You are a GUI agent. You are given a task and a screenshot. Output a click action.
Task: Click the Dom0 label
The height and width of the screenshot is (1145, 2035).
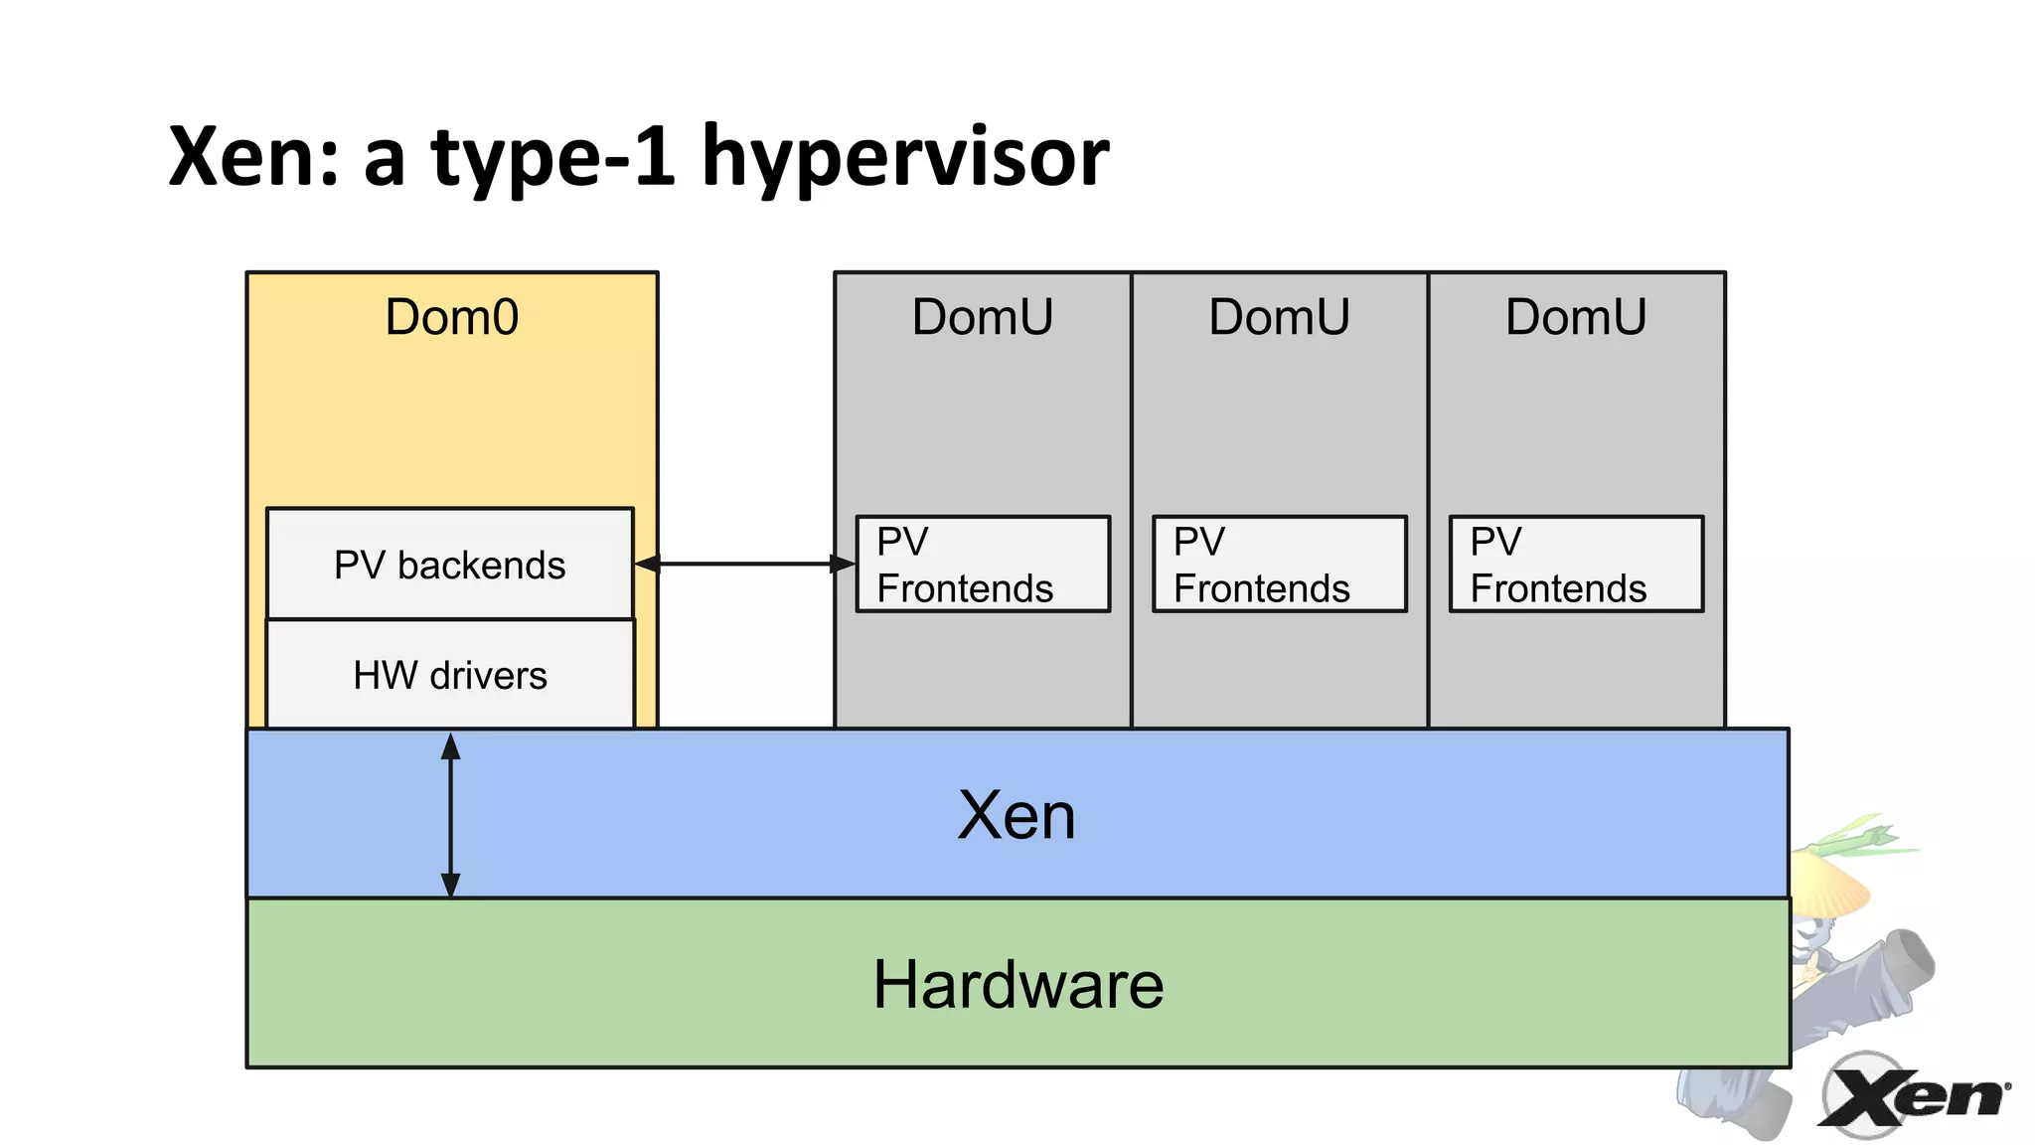pos(451,317)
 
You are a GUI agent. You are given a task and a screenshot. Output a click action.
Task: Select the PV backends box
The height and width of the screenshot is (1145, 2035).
pos(449,565)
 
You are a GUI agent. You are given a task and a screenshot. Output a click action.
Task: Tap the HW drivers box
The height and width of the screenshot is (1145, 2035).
pos(449,676)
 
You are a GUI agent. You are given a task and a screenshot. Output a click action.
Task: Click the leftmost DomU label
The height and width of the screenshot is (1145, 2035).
pos(982,317)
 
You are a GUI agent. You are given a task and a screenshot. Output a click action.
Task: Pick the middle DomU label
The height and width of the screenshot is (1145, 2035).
pos(1279,317)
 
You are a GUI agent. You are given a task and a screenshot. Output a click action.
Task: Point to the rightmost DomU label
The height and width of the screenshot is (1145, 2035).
pos(1576,317)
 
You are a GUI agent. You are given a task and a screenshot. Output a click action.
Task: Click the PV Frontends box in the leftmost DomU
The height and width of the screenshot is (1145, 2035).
pos(982,565)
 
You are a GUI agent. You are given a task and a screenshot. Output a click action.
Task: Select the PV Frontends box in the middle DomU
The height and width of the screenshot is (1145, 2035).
pos(1279,565)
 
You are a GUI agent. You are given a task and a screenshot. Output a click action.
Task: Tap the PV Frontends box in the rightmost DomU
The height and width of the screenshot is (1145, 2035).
pos(1576,565)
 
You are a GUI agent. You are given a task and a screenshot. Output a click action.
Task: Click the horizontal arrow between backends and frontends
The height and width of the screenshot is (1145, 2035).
pos(745,564)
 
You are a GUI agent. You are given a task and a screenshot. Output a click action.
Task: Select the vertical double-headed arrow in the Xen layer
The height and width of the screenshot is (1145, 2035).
pos(450,815)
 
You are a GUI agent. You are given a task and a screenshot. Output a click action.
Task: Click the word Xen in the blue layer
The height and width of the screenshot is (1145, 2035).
pos(1016,816)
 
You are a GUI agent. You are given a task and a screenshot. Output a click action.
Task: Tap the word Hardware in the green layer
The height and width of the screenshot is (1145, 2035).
pos(1017,985)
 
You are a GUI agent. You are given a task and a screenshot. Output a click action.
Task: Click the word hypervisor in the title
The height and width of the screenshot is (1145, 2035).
pos(904,157)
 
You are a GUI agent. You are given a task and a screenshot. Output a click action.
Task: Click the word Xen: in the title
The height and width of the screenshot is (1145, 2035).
pos(254,157)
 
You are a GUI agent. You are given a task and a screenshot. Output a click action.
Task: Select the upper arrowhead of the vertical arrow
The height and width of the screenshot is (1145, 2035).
pos(450,746)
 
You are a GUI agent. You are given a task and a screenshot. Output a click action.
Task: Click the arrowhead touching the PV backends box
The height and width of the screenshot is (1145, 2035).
pos(647,564)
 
